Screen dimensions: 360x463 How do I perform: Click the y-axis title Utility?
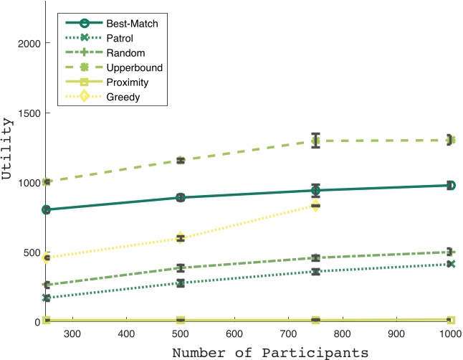tap(9, 160)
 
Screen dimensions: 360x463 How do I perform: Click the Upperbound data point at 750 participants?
tap(315, 141)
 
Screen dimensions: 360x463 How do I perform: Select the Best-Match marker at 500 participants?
tap(181, 197)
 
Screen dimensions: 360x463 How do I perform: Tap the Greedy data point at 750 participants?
tap(315, 206)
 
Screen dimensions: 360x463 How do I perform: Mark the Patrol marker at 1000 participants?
tap(450, 264)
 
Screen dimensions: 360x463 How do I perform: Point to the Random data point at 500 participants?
tap(181, 268)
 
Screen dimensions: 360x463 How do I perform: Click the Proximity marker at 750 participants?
tap(315, 320)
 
